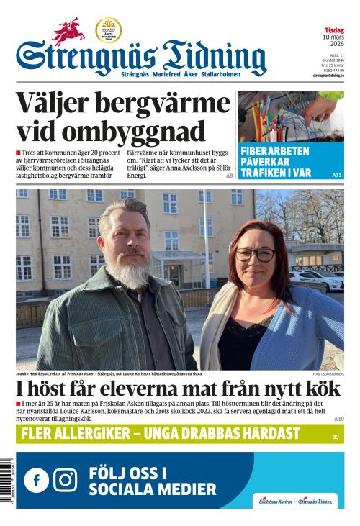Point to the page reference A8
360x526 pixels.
click(x=229, y=176)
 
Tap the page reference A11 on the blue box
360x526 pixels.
click(x=336, y=175)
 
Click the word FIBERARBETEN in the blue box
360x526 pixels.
click(x=274, y=151)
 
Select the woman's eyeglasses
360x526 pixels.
click(x=256, y=254)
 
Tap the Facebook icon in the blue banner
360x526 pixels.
click(x=36, y=480)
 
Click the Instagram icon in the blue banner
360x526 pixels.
click(x=65, y=480)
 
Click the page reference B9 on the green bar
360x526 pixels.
click(x=335, y=437)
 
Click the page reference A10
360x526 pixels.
click(x=338, y=419)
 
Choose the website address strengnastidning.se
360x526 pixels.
click(x=328, y=75)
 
